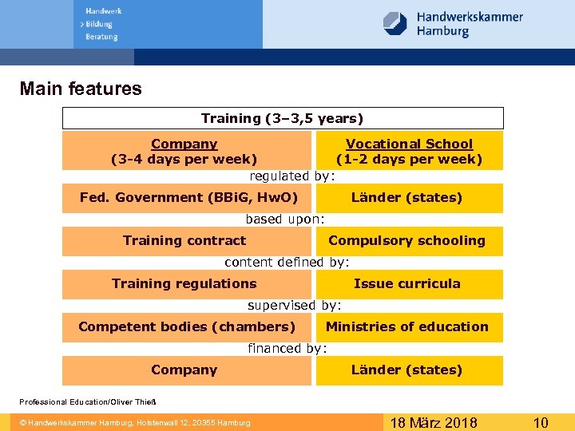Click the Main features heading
81,89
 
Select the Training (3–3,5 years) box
283,118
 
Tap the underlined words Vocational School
409,144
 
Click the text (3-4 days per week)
184,159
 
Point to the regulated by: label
292,176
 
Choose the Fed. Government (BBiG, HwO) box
188,197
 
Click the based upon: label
285,219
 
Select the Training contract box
184,240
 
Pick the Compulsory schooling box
406,240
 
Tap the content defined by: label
287,262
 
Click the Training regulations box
184,283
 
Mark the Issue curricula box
407,283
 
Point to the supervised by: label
294,305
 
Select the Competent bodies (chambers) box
187,326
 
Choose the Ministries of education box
407,326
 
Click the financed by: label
287,348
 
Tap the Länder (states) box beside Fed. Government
407,197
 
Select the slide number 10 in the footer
541,422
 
